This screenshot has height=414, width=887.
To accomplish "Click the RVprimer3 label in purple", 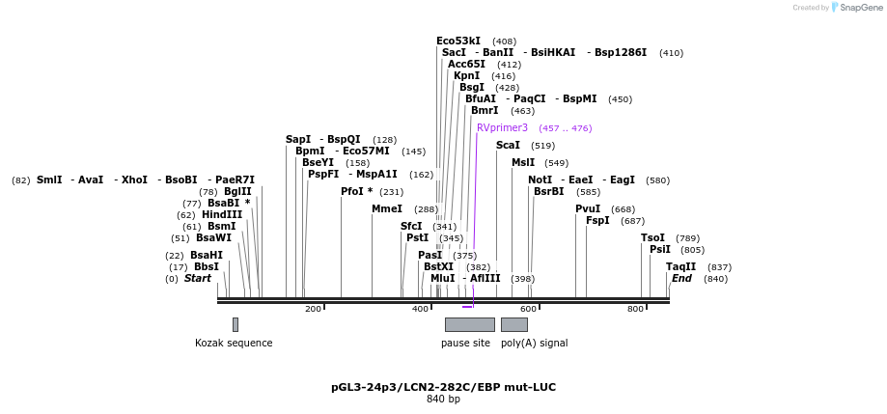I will click(x=502, y=127).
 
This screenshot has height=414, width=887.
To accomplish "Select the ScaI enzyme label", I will click(x=508, y=145).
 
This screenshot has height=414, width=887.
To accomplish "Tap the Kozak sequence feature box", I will click(x=235, y=324).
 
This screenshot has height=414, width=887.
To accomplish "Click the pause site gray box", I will click(x=469, y=324).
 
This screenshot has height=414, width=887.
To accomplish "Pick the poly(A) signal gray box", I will click(x=513, y=324).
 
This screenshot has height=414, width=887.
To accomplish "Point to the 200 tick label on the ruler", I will click(x=313, y=309).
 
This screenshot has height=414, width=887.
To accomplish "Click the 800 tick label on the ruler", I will click(x=635, y=309).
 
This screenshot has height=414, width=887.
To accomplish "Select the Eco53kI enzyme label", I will click(x=457, y=41).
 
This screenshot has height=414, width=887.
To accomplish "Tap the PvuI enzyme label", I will click(x=588, y=208).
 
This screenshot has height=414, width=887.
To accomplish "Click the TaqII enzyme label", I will click(x=680, y=266).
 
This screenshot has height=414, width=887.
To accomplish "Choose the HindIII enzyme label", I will click(x=222, y=214).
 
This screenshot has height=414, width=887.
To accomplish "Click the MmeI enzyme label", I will click(x=386, y=208).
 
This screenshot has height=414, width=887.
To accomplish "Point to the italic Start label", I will click(x=197, y=278).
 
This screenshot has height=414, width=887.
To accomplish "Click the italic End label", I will click(x=681, y=278).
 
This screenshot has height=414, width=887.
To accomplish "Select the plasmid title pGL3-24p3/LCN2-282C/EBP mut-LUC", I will click(x=443, y=387).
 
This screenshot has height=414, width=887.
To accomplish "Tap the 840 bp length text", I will click(x=443, y=399).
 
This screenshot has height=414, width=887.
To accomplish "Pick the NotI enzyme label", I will click(x=540, y=179).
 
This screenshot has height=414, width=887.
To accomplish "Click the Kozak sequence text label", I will click(x=234, y=343).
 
